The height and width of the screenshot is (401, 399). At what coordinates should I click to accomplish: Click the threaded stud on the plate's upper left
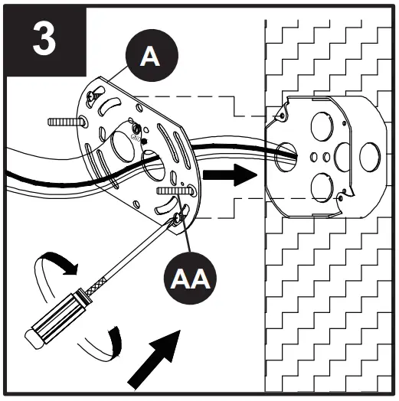(64, 122)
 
